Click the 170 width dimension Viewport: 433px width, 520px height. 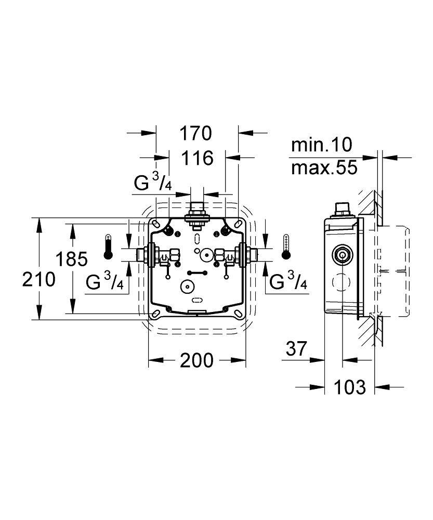(197, 134)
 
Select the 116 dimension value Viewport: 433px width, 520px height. (197, 158)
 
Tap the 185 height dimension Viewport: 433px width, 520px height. (73, 258)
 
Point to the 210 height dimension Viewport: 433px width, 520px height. (38, 279)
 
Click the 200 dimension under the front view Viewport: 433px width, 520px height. (197, 360)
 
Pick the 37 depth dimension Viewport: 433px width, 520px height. (297, 348)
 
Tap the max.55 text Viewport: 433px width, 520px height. (324, 167)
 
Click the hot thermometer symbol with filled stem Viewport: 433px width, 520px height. (108, 246)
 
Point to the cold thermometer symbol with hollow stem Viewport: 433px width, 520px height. (285, 246)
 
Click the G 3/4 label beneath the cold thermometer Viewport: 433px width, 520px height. (288, 281)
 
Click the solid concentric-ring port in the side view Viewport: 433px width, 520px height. (341, 255)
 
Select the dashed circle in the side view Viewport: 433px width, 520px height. (341, 283)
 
